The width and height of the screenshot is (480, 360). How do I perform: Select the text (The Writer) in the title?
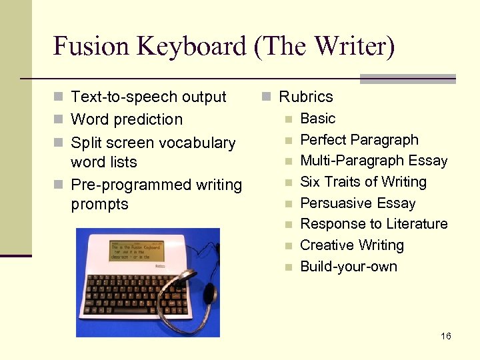[x=325, y=47]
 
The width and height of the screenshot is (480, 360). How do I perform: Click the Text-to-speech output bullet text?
[x=148, y=97]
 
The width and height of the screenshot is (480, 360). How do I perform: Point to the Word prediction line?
[x=126, y=120]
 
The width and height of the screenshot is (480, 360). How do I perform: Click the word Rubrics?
[x=305, y=97]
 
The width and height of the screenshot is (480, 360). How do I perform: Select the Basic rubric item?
[x=317, y=119]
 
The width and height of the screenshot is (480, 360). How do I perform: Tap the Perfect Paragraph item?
[x=359, y=140]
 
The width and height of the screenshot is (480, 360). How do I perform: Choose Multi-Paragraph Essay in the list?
[x=373, y=161]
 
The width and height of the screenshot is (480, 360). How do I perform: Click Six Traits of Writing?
[x=363, y=182]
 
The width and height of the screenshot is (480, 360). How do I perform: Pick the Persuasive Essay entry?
[x=357, y=203]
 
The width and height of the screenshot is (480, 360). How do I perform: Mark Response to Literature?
[x=373, y=224]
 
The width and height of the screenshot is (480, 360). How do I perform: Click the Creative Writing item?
[x=351, y=245]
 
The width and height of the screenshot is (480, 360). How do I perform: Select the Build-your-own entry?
[x=348, y=267]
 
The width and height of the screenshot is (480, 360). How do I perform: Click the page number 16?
[x=446, y=336]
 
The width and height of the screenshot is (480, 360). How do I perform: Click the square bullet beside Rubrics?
[x=266, y=97]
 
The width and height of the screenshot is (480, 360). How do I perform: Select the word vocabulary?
[x=199, y=143]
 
